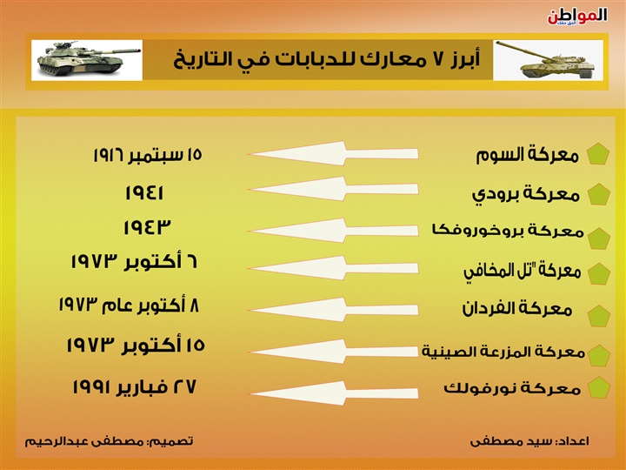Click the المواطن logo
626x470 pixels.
pos(577,17)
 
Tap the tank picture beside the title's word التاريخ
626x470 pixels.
pos(87,60)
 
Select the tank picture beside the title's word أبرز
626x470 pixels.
pos(548,60)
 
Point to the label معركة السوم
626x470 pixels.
pos(527,155)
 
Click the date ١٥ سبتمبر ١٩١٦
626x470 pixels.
pos(148,155)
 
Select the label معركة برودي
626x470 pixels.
pos(526,195)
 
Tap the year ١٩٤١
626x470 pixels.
pos(144,192)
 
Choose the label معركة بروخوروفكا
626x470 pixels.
pos(508,231)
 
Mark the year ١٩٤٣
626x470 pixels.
pos(147,227)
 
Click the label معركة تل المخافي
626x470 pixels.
pos(523,272)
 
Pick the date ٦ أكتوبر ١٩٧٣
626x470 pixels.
pos(134,262)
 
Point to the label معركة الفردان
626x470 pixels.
pos(517,308)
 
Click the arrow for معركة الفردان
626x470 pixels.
pos(334,309)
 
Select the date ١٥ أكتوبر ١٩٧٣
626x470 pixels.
pos(136,346)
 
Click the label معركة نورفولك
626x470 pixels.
pos(512,388)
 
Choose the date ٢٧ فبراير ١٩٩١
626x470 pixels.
pos(134,386)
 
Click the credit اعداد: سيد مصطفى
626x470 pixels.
pos(529,441)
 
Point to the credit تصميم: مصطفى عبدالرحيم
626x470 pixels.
pos(109,441)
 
